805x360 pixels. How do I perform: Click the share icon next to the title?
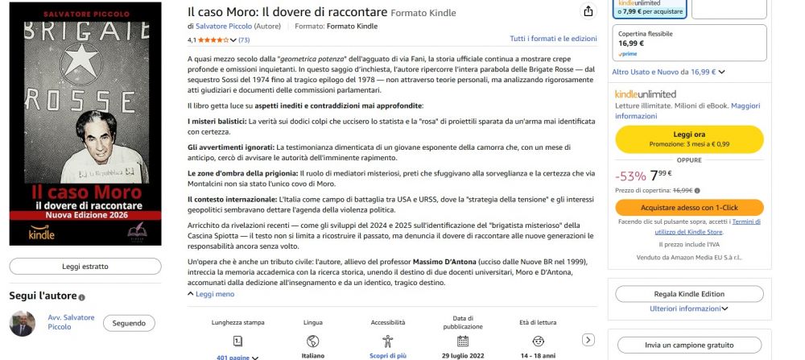pos(588,11)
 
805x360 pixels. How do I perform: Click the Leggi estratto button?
pos(85,266)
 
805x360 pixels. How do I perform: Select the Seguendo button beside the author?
pos(129,323)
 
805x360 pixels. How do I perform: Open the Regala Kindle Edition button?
pos(689,294)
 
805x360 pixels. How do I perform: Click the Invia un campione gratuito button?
pos(689,345)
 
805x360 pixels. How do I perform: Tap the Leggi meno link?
pos(211,295)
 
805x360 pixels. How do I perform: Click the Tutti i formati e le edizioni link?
pos(553,39)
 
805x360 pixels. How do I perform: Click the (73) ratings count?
pos(244,39)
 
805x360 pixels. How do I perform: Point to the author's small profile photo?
pos(22,323)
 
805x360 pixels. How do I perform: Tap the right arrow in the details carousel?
pos(588,340)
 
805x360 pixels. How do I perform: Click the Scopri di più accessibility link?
pos(387,355)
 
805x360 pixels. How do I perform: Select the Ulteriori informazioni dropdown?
pos(688,308)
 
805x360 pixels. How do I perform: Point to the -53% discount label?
pos(630,176)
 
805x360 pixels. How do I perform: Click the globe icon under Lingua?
pos(312,341)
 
